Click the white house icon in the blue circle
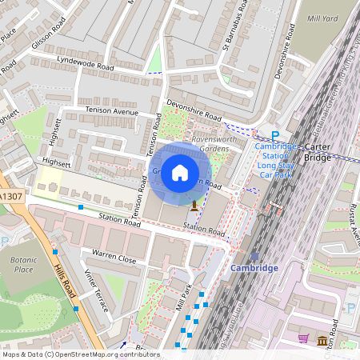180,172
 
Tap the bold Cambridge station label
254,268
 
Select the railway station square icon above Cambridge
254,255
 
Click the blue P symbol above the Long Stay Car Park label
275,137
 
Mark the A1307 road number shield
11,196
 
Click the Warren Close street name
114,258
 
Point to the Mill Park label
178,298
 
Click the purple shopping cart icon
303,339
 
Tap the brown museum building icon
322,342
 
